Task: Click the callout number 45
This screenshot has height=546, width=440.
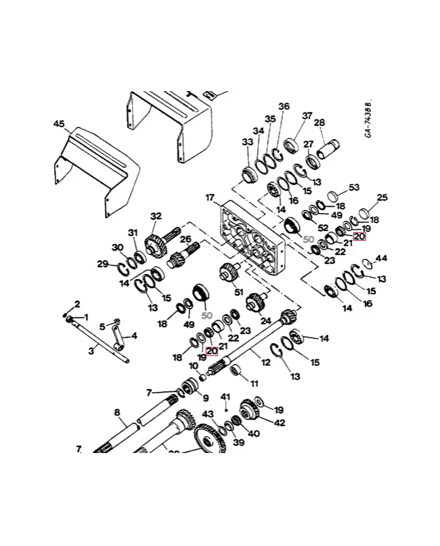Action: coord(58,124)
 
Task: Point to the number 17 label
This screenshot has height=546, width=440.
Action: coord(210,198)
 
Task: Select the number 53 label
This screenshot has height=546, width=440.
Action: coord(354,187)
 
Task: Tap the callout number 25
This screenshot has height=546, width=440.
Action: coord(382,198)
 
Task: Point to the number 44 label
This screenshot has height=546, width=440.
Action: coord(382,258)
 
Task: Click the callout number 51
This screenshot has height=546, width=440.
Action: coord(238,292)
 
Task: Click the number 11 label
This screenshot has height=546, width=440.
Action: coord(254,383)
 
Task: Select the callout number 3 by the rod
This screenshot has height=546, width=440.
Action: coord(91,351)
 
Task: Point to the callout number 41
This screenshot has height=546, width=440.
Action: coord(226,396)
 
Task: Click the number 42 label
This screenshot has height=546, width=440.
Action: coord(279,423)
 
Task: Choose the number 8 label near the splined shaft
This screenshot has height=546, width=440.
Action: coord(116,413)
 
